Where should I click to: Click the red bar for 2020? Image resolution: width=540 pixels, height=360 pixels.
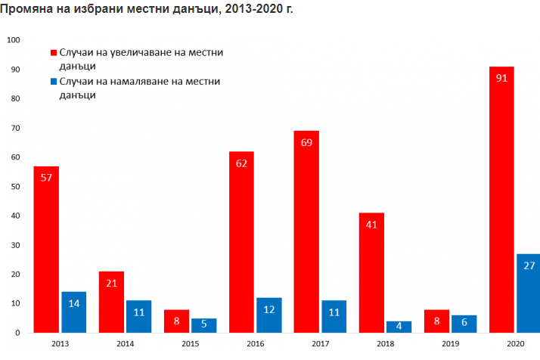click(501, 200)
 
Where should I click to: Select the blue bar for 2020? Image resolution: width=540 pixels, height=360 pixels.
click(529, 293)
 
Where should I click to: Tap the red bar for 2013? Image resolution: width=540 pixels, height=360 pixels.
click(46, 250)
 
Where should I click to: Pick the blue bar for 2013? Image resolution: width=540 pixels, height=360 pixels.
click(73, 312)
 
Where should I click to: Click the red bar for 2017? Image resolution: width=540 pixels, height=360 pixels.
click(306, 231)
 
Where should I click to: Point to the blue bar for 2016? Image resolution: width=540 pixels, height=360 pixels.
click(268, 315)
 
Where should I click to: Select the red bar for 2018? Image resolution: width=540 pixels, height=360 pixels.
click(371, 273)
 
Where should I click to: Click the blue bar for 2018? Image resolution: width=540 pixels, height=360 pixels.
click(399, 327)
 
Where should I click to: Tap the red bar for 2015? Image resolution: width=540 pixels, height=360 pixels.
click(176, 321)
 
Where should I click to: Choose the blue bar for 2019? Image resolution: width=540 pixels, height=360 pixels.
click(464, 324)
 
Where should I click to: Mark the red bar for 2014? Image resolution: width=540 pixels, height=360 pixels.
click(111, 302)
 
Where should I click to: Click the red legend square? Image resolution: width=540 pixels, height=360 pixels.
click(54, 54)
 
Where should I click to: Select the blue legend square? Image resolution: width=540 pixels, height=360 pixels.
click(54, 82)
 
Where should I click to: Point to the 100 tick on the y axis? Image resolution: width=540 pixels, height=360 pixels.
click(14, 40)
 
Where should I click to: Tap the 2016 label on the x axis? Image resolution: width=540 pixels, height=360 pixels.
click(255, 345)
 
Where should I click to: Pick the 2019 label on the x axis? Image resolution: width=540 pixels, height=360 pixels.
click(450, 345)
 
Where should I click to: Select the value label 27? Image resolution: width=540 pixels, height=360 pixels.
click(529, 265)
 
